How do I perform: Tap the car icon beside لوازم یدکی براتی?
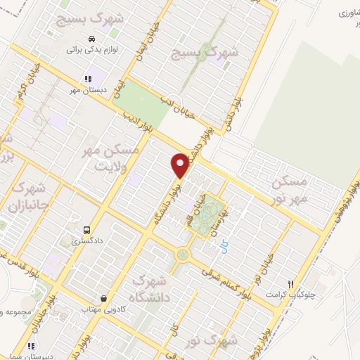(x=92, y=38)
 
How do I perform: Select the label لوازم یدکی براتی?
(x=89, y=50)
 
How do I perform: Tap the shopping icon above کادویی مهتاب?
(x=105, y=298)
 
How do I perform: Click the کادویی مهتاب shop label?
(x=105, y=309)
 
